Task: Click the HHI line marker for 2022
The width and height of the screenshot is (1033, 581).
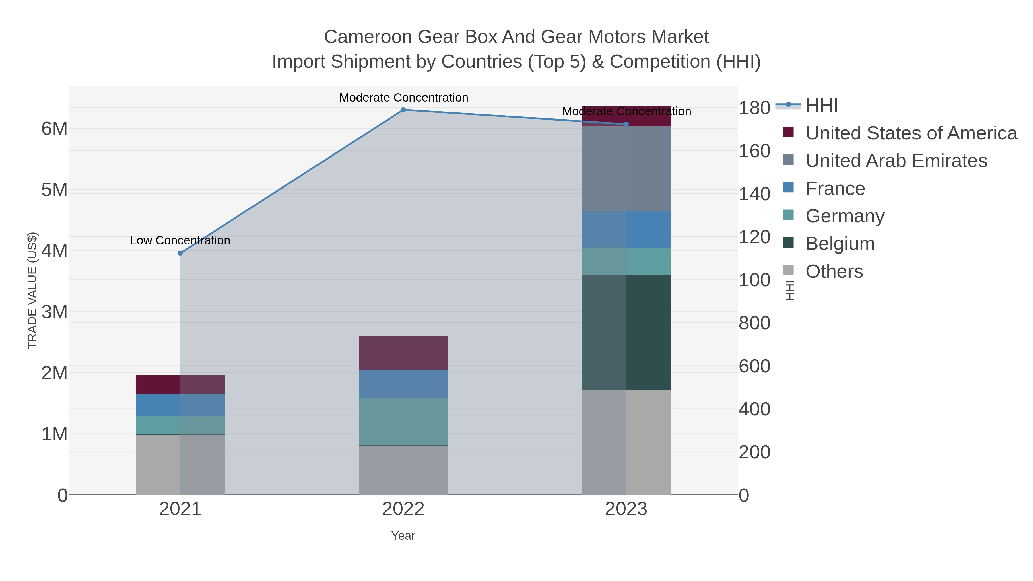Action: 403,110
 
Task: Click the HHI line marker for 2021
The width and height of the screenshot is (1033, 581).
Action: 180,253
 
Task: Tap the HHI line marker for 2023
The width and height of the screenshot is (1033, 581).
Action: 626,124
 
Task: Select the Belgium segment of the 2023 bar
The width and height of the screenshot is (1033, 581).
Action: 626,332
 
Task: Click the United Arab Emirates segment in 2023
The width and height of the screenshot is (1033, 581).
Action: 626,169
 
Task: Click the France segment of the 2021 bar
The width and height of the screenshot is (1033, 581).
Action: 180,405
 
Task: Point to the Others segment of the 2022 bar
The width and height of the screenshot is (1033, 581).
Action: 403,470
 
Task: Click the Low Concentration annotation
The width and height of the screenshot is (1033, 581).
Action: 180,241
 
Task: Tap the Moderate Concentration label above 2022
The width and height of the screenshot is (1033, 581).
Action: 403,98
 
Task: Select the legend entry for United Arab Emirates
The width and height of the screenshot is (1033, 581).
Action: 896,161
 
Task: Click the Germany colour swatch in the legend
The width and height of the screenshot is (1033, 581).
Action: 788,215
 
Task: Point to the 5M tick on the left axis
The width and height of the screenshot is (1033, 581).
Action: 55,190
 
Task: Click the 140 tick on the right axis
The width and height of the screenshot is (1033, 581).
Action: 754,194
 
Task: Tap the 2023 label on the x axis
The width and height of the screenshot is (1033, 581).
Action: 626,509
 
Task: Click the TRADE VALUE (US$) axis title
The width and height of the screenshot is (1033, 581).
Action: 32,290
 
